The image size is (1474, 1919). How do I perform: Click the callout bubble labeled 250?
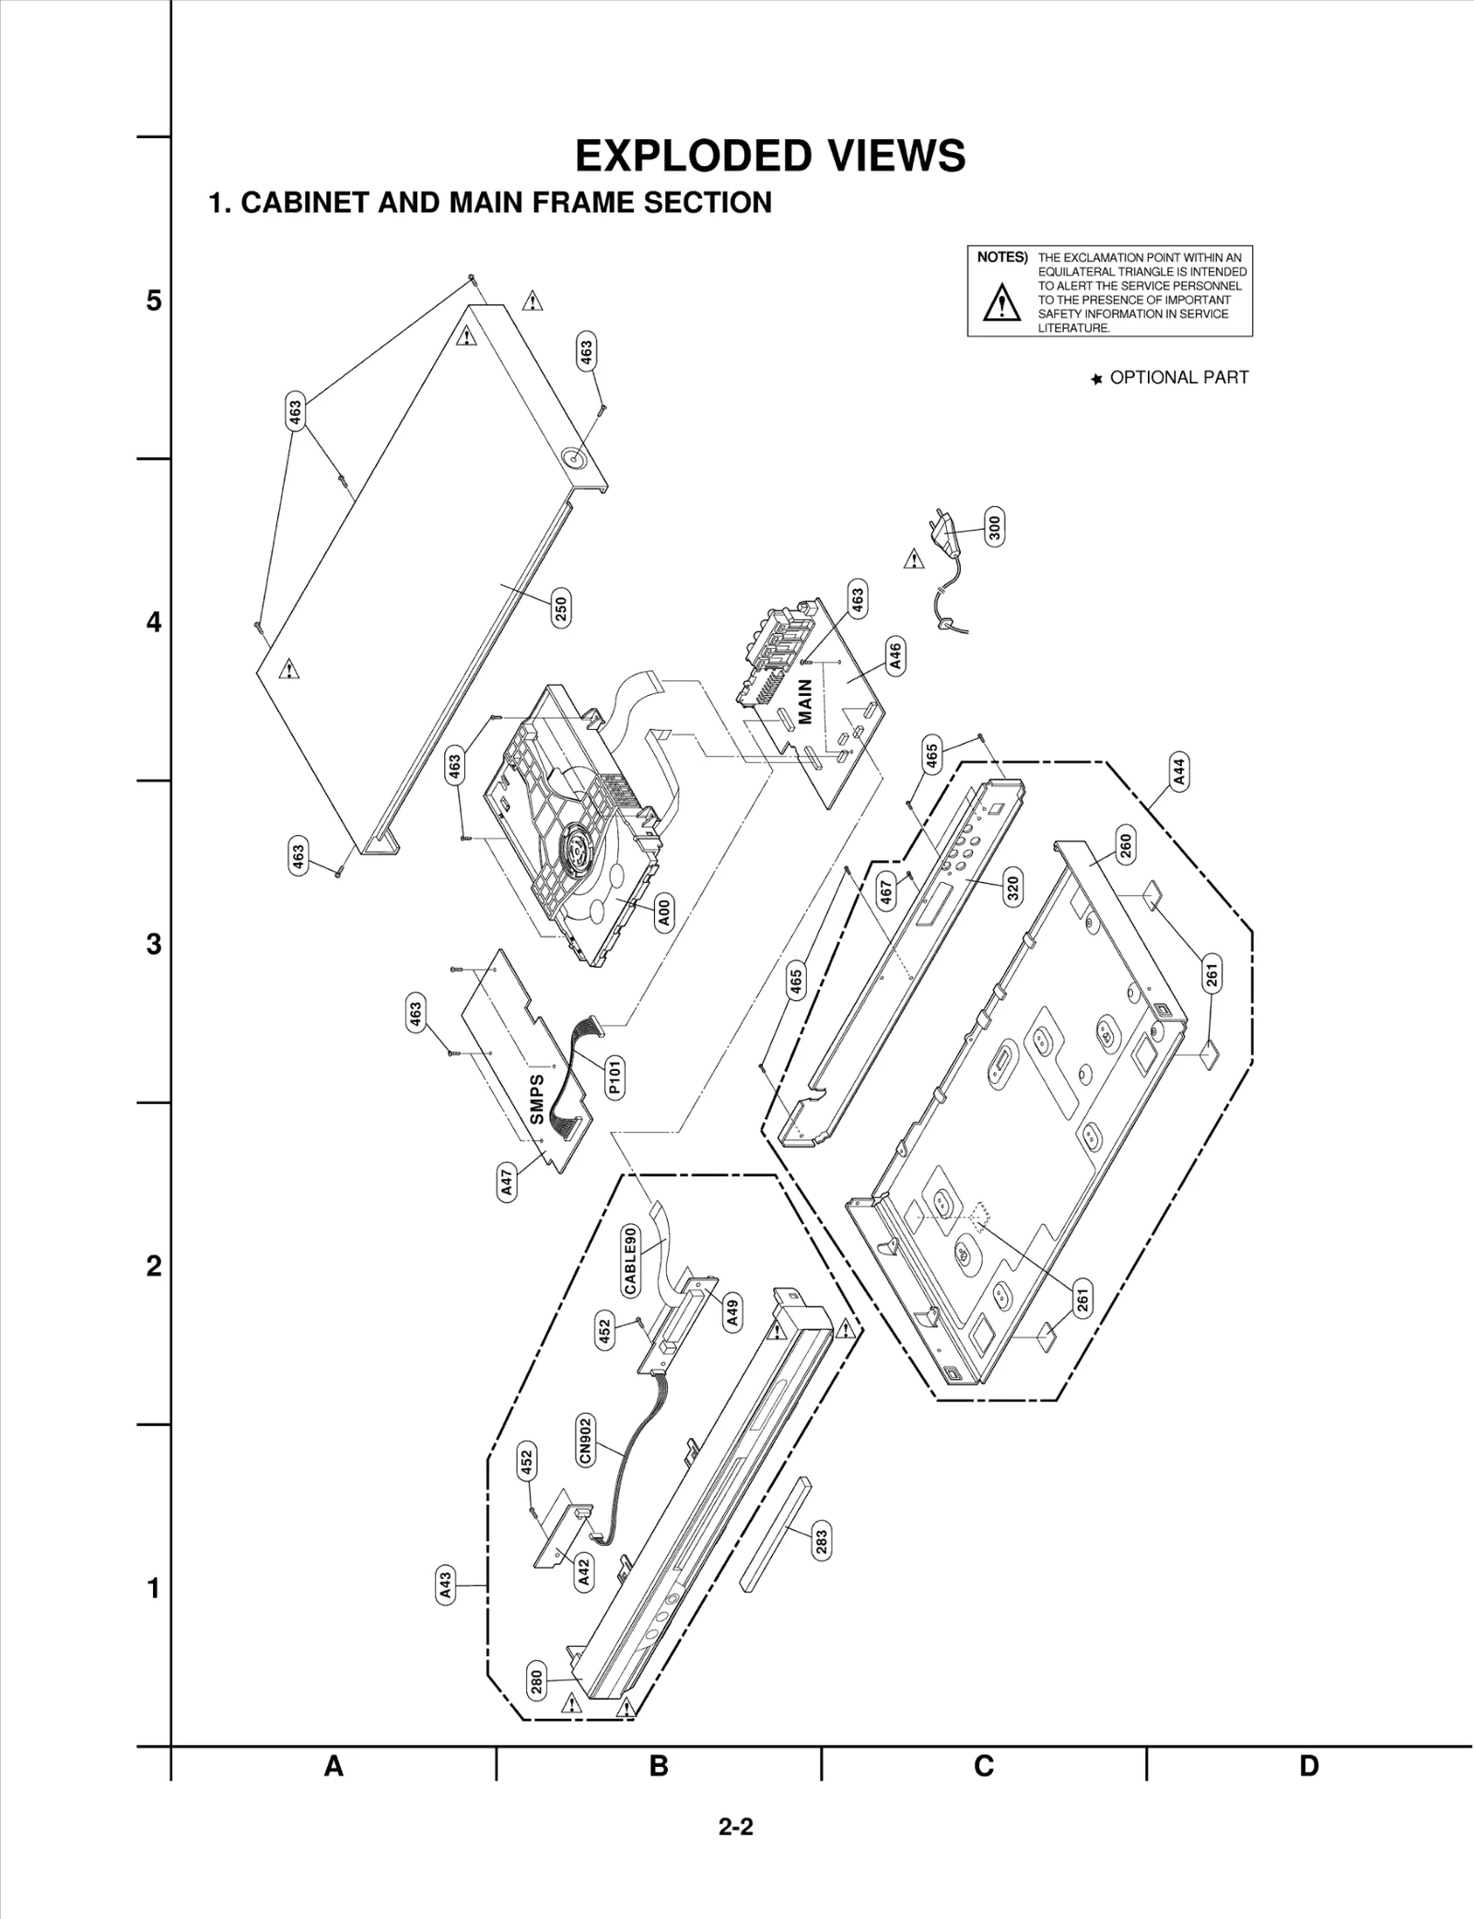561,609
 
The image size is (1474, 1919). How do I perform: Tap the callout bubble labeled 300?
994,526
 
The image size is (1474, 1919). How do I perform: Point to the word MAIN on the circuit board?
804,702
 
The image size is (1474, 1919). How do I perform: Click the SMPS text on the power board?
536,1099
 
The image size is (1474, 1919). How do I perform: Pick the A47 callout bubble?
507,1183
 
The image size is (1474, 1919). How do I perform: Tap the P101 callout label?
614,1077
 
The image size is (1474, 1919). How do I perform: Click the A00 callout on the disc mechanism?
664,912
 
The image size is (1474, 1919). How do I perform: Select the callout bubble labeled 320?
1012,889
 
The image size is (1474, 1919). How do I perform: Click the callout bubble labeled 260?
1125,844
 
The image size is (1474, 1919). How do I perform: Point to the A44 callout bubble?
1179,770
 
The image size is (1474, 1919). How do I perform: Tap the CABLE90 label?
631,1261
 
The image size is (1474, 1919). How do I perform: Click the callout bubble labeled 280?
536,1682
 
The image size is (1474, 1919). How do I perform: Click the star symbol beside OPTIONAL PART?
1096,379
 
